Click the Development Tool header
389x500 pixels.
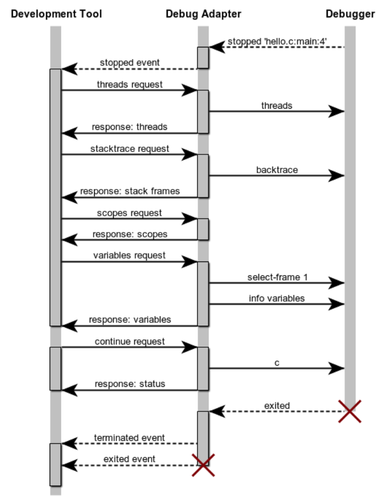click(56, 14)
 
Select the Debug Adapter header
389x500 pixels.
click(203, 14)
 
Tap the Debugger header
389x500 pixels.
click(350, 14)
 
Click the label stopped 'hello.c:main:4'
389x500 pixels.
click(278, 42)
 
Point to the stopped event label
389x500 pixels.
click(130, 63)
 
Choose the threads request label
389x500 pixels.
click(130, 84)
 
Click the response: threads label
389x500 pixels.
click(130, 127)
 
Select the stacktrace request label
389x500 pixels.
click(130, 149)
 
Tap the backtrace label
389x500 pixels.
click(277, 169)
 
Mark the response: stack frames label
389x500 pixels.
click(130, 191)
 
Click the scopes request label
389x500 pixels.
click(130, 213)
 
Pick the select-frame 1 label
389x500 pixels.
click(277, 277)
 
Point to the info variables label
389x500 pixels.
click(277, 298)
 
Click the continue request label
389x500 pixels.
click(130, 341)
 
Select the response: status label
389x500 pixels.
click(130, 384)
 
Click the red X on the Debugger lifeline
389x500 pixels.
click(350, 411)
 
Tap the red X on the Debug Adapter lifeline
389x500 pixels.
click(203, 465)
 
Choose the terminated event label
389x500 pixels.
click(130, 438)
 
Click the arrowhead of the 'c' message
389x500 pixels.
click(337, 368)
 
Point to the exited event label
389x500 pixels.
click(130, 459)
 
